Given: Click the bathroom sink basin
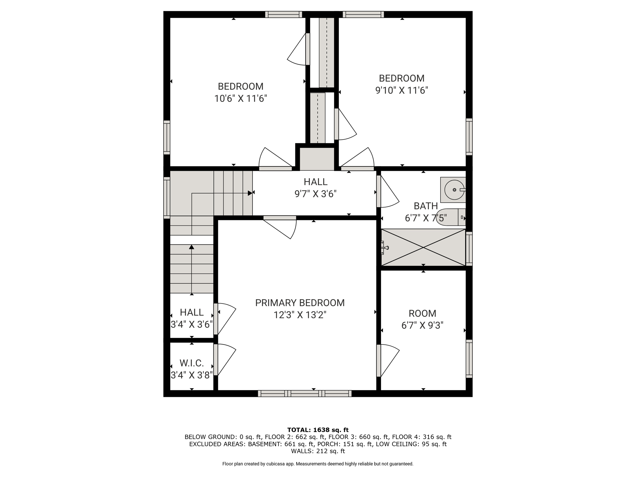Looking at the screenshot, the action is pyautogui.click(x=454, y=190).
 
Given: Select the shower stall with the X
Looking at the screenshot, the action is pyautogui.click(x=423, y=248).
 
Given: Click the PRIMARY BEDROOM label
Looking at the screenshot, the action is pyautogui.click(x=300, y=303).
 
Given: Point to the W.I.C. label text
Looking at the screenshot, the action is pyautogui.click(x=192, y=363).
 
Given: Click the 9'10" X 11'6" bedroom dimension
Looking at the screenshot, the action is pyautogui.click(x=402, y=90).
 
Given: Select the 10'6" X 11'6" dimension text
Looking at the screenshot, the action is pyautogui.click(x=241, y=98).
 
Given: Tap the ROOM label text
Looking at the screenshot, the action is pyautogui.click(x=422, y=313).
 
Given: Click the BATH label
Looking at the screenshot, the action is pyautogui.click(x=426, y=206).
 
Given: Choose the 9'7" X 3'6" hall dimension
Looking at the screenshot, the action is pyautogui.click(x=316, y=194).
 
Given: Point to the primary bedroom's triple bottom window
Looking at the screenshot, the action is pyautogui.click(x=305, y=393).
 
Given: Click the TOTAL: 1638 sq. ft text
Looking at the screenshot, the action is pyautogui.click(x=318, y=430).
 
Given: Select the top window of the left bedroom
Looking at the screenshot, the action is pyautogui.click(x=284, y=14).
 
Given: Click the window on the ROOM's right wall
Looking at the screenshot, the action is pyautogui.click(x=469, y=359).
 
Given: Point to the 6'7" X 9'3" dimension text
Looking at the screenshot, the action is pyautogui.click(x=422, y=325).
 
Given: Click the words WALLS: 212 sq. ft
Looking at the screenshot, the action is pyautogui.click(x=318, y=451).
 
